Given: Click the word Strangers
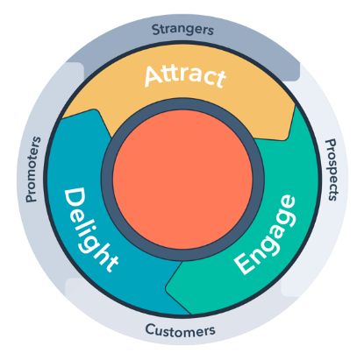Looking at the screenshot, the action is point(182,30).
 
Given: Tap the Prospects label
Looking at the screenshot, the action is point(332,170).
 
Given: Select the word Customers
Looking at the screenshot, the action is point(180,330).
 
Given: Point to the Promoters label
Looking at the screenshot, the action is point(32,169).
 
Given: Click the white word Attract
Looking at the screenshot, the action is point(185,76).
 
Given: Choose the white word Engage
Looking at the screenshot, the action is point(266,235).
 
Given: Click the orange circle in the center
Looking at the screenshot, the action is point(182,180).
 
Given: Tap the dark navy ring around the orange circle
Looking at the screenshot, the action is point(182,104).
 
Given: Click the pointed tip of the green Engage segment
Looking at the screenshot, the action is point(166,287).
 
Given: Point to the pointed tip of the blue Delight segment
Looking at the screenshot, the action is point(95,110).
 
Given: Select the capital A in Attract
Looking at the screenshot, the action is point(153,76).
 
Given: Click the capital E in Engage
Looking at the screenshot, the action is point(244,264).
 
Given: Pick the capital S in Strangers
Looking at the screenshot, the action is point(156,30).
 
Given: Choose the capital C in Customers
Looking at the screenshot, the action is point(150,329).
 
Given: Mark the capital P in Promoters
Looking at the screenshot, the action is point(32,198).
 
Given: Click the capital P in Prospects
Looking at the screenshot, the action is point(331,144).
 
